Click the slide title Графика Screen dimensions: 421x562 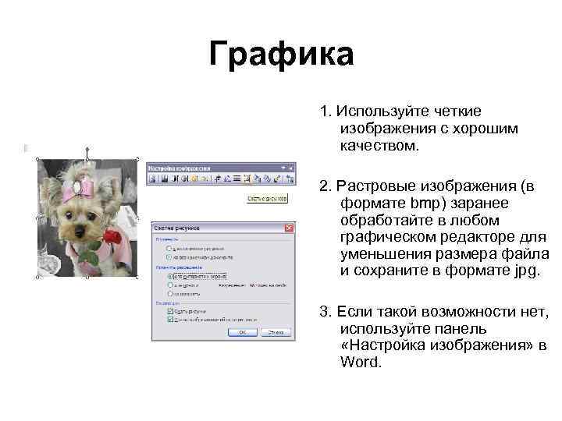281,55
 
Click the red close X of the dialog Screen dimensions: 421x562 289,228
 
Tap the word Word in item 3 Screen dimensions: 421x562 361,362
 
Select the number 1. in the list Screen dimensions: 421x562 323,111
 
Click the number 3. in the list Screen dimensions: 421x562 323,313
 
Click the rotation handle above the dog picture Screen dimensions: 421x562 87,146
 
